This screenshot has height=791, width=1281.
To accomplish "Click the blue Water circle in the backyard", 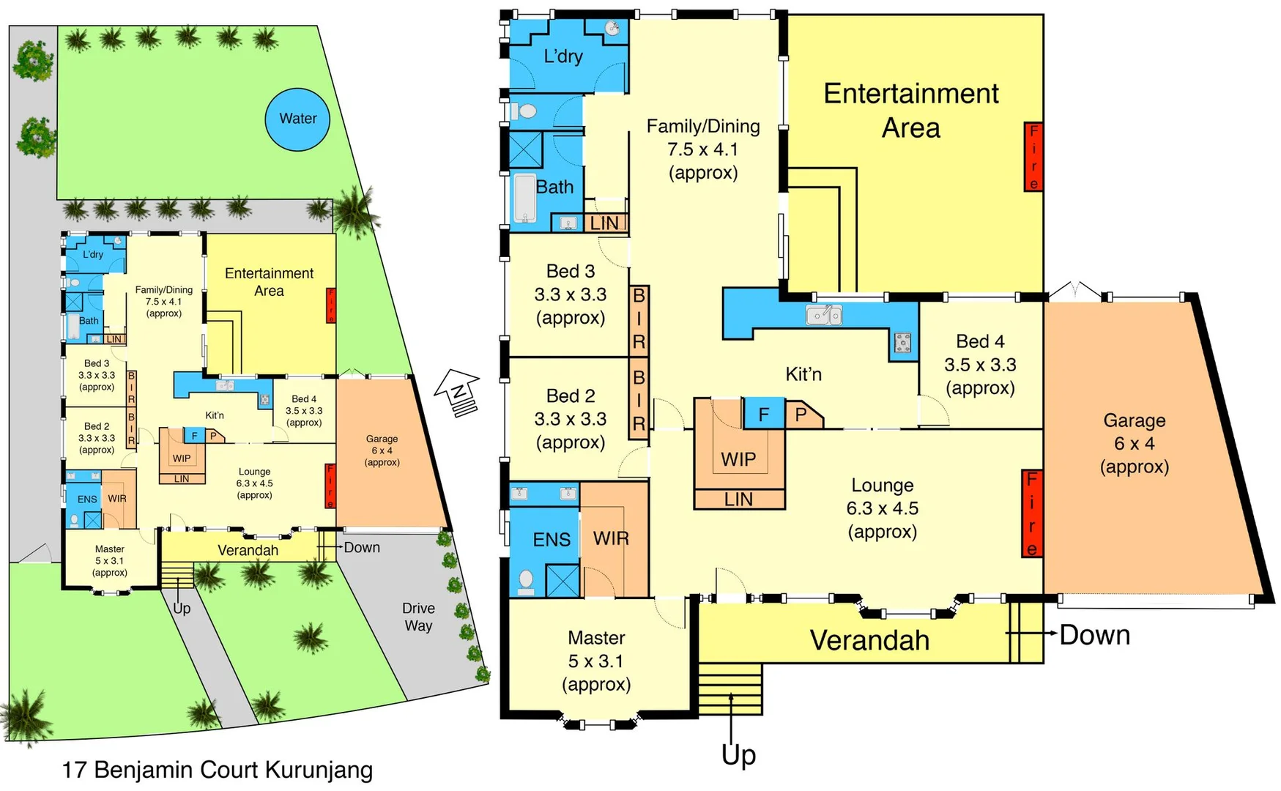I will click(297, 119).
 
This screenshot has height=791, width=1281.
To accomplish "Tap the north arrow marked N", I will click(458, 391).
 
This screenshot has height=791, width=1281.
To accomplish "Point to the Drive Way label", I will click(418, 617).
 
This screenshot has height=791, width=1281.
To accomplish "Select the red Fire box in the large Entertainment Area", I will click(1033, 157).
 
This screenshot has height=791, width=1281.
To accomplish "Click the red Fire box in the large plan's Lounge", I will click(1031, 513).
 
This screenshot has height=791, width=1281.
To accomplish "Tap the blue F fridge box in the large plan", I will click(763, 415).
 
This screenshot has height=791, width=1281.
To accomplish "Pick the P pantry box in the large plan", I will click(801, 415).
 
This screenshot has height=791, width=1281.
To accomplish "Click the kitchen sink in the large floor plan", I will click(824, 315).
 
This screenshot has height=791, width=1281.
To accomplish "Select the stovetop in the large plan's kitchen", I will click(902, 342).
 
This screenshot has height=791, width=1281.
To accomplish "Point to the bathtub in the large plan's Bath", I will click(524, 198).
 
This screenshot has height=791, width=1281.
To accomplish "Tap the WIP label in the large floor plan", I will click(738, 459).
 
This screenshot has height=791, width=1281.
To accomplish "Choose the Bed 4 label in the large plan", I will click(980, 341).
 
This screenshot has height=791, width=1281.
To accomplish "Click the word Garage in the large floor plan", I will click(1134, 420).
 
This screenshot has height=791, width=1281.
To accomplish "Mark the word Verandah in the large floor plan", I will click(869, 640).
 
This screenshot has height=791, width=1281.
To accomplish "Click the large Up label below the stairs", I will click(738, 754).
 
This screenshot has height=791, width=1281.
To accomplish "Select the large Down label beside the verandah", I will click(1094, 635).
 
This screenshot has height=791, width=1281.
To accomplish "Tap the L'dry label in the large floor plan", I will click(563, 56).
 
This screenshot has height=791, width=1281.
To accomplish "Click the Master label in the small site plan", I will click(110, 549).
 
